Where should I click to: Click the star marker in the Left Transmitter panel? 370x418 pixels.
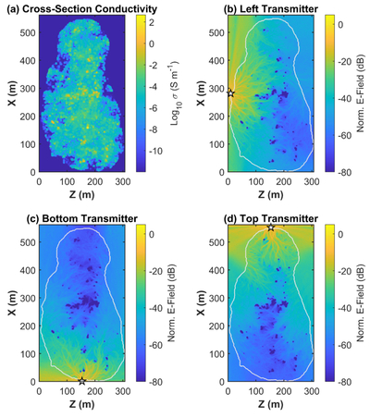(230, 93)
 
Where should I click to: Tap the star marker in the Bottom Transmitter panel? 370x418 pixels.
(81, 381)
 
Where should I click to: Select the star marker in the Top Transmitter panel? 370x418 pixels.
(271, 227)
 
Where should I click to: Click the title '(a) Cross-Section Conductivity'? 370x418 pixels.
(81, 9)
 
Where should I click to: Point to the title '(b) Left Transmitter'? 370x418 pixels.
(271, 9)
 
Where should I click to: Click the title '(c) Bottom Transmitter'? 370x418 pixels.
(81, 218)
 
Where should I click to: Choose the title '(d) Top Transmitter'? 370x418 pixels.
(271, 218)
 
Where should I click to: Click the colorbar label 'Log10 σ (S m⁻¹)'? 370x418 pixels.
(175, 92)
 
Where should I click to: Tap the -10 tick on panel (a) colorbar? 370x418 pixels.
(155, 152)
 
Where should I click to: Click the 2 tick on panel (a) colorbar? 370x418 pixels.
(152, 22)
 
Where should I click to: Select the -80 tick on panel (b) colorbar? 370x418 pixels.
(344, 172)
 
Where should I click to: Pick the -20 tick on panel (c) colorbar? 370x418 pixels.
(155, 271)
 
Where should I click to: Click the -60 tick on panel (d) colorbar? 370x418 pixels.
(344, 345)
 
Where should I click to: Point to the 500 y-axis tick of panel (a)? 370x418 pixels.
(28, 32)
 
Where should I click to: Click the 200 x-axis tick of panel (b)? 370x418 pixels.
(284, 181)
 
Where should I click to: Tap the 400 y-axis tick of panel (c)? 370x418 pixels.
(28, 270)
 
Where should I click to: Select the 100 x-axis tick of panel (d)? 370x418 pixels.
(256, 391)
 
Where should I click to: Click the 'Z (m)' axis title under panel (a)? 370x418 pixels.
(81, 194)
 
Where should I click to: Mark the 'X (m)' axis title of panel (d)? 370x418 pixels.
(201, 303)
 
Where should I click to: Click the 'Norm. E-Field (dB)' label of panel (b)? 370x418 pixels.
(361, 93)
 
